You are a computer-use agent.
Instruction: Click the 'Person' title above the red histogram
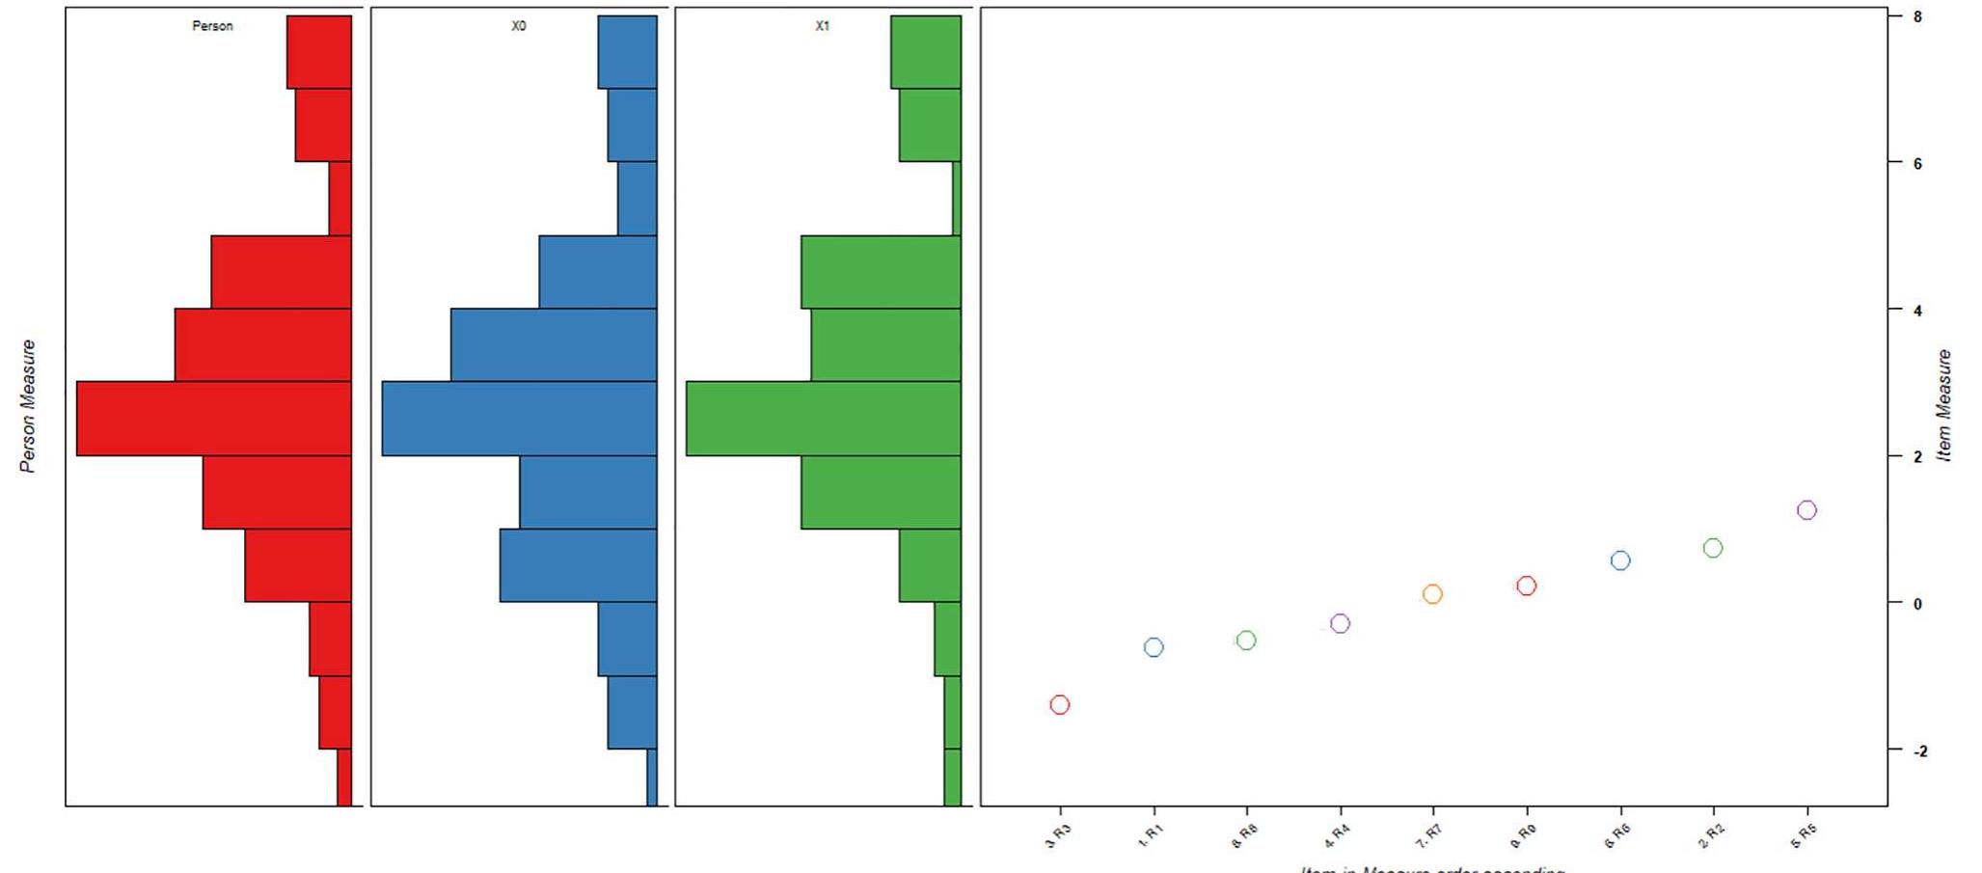pos(212,26)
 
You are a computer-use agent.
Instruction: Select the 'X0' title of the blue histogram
pos(519,26)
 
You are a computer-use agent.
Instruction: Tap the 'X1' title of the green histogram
pos(822,26)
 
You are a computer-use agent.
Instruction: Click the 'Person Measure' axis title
pos(28,406)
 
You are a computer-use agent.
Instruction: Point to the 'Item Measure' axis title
pos(1943,406)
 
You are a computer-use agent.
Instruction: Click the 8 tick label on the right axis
pos(1917,16)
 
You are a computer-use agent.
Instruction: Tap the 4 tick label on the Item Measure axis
pos(1917,311)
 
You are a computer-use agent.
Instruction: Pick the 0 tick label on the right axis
pos(1917,604)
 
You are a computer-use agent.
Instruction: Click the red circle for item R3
pos(1059,705)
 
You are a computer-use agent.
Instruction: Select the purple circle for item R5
pos(1806,510)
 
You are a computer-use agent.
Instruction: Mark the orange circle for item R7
pos(1432,594)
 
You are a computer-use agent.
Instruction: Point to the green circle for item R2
pos(1713,548)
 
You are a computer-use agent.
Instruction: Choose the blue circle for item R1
pos(1154,647)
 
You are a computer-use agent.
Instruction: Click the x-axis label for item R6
pos(1617,836)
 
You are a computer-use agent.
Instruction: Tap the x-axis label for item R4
pos(1337,836)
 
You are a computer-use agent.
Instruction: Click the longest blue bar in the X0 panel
pos(519,419)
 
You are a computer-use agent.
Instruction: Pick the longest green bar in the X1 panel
pos(824,419)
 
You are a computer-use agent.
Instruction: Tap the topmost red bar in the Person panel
pos(319,52)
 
